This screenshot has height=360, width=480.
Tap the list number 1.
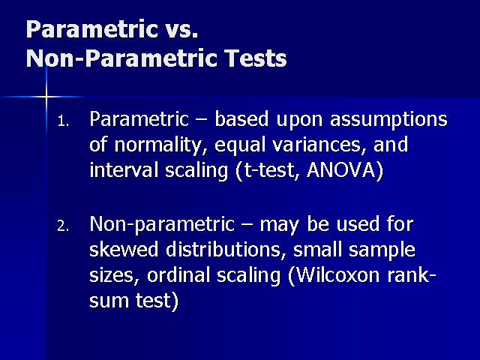[x=63, y=121]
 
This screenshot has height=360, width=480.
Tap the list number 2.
[x=63, y=226]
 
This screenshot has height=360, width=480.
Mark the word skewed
[x=124, y=249]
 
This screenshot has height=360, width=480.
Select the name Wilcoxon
[x=334, y=275]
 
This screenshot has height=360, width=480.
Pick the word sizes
[x=112, y=276]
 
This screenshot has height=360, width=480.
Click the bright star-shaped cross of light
[x=46, y=97]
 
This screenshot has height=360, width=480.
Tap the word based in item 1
[x=241, y=119]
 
